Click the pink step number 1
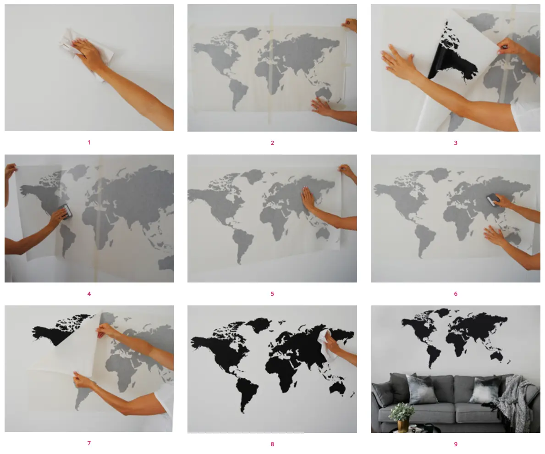tap(89, 142)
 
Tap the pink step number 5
tap(272, 294)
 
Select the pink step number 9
tap(456, 444)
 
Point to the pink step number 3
tap(456, 143)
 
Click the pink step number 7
tap(89, 443)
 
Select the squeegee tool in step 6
tap(492, 200)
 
